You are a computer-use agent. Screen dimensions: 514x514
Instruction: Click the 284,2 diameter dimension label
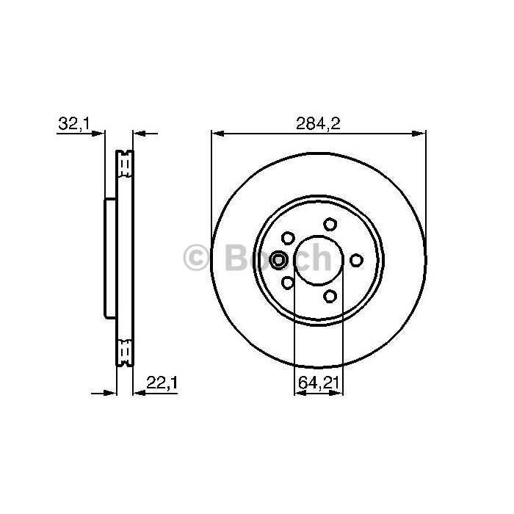318,124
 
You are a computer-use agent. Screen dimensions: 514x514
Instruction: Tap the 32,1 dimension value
73,124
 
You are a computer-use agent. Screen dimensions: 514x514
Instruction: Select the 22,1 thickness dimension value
162,383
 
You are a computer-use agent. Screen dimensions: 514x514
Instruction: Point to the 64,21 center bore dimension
318,383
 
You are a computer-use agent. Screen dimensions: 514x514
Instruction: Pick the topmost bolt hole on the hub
330,224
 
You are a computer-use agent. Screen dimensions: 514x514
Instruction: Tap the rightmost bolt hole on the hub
356,260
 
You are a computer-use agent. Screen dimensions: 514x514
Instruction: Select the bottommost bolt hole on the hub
330,297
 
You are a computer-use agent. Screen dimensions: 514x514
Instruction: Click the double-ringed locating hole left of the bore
278,260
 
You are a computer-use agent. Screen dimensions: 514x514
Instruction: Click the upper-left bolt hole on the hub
288,238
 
